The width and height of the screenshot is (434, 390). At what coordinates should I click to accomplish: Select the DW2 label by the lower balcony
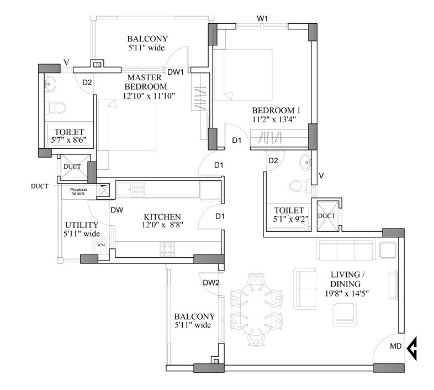[x=211, y=283]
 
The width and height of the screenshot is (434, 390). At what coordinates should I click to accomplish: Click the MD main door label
[x=396, y=347]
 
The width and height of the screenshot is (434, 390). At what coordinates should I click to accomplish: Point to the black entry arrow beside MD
[x=411, y=348]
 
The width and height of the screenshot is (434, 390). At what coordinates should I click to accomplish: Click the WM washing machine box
[x=101, y=245]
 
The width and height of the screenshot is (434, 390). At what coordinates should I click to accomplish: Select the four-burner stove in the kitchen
[x=168, y=249]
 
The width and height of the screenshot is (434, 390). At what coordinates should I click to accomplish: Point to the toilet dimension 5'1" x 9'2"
[x=285, y=219]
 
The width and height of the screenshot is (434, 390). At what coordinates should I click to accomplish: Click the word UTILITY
[x=81, y=226]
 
